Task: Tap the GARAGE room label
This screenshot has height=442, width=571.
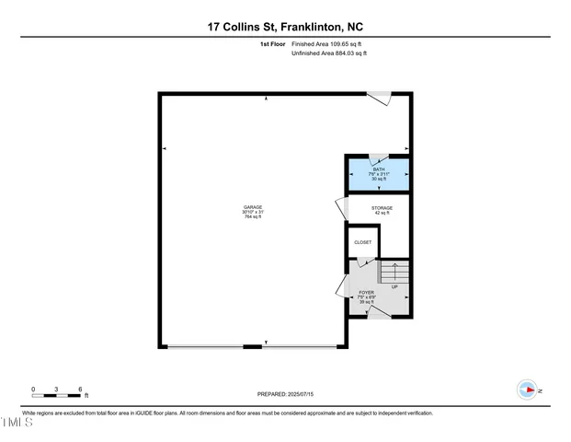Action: [253, 206]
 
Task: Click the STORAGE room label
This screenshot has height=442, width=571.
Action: [382, 208]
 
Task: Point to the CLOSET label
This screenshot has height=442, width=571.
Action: [362, 242]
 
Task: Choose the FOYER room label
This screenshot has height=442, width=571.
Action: [366, 292]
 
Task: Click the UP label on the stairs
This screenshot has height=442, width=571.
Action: [394, 286]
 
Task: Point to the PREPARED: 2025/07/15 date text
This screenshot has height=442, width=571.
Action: [286, 393]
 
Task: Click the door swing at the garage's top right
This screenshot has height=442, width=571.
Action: [380, 97]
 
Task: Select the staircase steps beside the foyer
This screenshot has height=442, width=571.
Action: [394, 272]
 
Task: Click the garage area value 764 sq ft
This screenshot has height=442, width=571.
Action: [253, 216]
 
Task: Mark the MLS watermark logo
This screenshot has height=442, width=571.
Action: [17, 424]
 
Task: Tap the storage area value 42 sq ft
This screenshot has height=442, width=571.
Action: [382, 214]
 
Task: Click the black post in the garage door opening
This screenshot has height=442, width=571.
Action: [251, 346]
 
